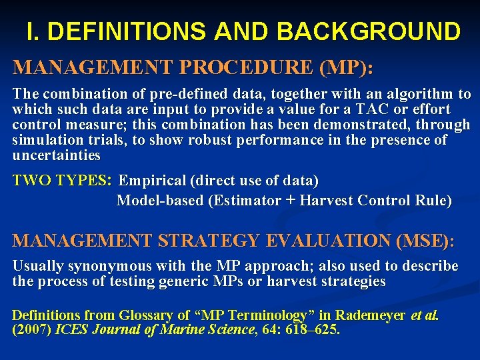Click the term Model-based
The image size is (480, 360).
click(160, 200)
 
